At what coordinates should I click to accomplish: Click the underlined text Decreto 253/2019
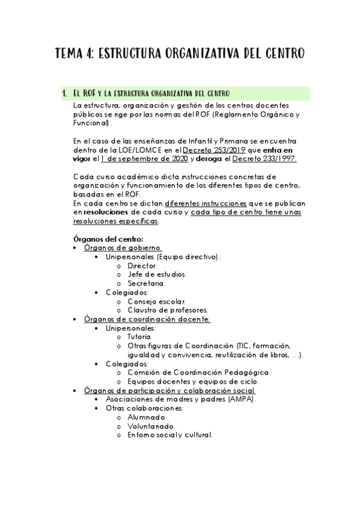[211, 149]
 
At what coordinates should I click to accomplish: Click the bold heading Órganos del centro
[107, 239]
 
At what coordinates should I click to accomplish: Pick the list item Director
[142, 265]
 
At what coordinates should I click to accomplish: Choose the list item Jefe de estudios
[157, 274]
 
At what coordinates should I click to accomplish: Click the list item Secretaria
[145, 283]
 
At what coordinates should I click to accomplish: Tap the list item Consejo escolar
[156, 301]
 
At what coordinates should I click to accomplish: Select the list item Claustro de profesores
[168, 310]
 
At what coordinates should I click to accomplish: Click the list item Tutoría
[139, 337]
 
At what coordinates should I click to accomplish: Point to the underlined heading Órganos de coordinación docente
[147, 319]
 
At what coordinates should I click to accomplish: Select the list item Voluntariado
[151, 426]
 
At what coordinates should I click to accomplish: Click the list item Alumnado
[147, 417]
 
